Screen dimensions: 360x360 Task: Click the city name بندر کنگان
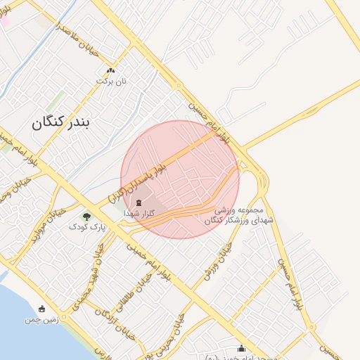coord(61,124)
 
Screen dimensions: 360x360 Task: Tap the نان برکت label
coord(111,81)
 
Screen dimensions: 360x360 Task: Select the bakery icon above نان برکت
coord(110,70)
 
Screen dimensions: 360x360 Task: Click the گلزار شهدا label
coord(138,212)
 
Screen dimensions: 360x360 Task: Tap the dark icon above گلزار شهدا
coord(138,202)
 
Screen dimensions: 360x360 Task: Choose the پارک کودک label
coord(87,227)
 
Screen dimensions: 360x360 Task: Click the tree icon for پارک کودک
coord(86,217)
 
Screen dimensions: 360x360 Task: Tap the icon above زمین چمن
coord(42,308)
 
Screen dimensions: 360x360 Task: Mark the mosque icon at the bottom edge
coord(242,348)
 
